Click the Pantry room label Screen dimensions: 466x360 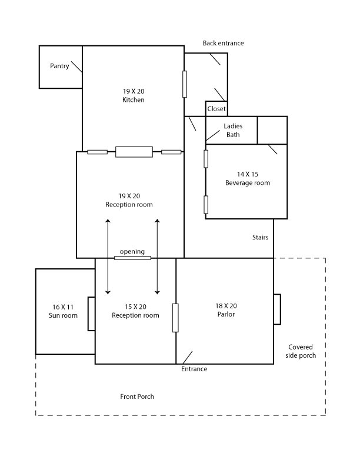tap(59, 66)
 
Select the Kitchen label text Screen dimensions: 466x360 tap(134, 100)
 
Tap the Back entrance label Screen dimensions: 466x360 tap(223, 43)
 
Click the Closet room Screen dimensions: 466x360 tap(216, 109)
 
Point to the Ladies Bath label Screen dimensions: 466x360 tap(233, 131)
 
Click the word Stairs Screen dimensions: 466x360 tap(260, 238)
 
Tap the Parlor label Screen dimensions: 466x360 tap(226, 315)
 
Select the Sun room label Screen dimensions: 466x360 tap(63, 315)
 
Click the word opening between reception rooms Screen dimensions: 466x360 tap(132, 252)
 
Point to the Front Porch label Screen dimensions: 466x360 tap(137, 397)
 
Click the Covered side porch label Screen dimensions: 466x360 tap(302, 351)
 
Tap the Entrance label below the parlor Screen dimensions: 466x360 tap(194, 370)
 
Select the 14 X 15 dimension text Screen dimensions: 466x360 tap(248, 174)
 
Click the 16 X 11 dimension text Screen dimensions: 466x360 tap(63, 307)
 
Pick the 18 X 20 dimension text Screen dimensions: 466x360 tap(226, 306)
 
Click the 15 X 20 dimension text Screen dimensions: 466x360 tap(135, 307)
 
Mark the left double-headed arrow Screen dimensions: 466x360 tap(108, 256)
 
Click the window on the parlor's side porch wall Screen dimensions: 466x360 tap(277, 309)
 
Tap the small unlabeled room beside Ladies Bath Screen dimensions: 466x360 tap(272, 129)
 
